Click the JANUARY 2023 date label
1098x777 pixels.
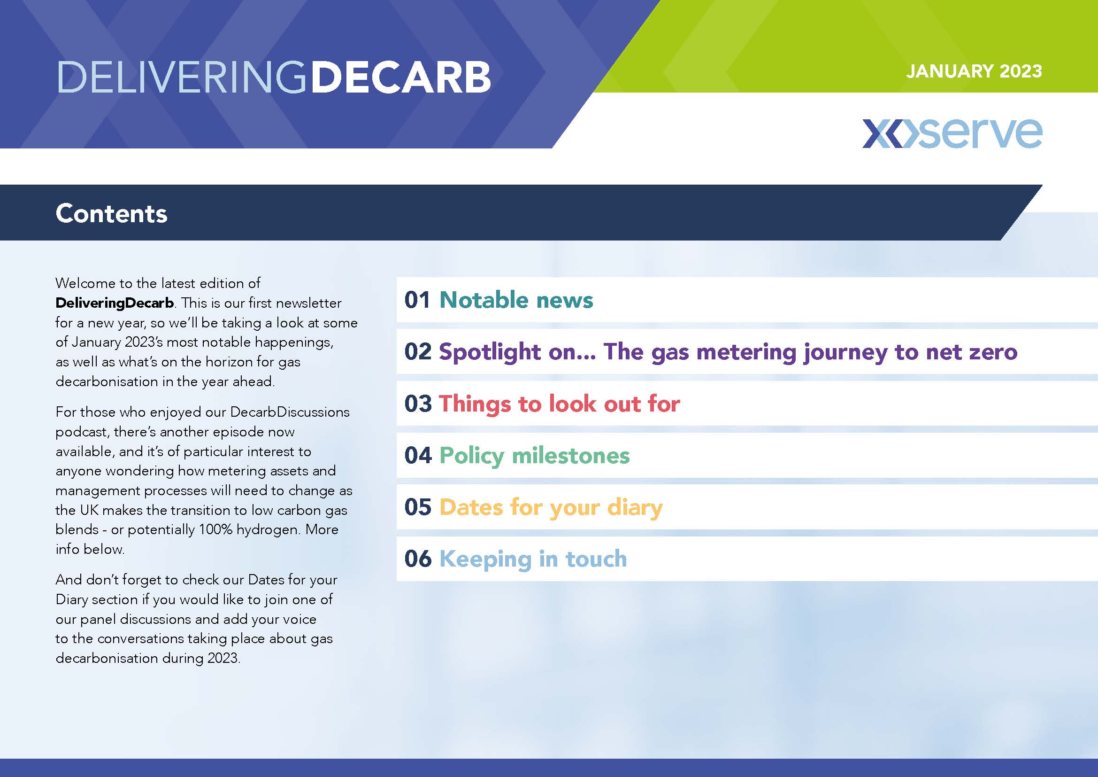tap(974, 71)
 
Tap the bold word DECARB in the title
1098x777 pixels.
tap(401, 77)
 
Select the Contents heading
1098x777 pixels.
tap(111, 213)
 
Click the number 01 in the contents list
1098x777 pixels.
tap(417, 300)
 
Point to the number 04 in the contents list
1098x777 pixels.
tap(417, 455)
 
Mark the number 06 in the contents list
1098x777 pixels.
tap(417, 559)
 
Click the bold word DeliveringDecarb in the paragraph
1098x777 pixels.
tap(115, 303)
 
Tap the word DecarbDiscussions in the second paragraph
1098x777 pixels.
tap(290, 412)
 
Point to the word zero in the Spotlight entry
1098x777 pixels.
tap(993, 352)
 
